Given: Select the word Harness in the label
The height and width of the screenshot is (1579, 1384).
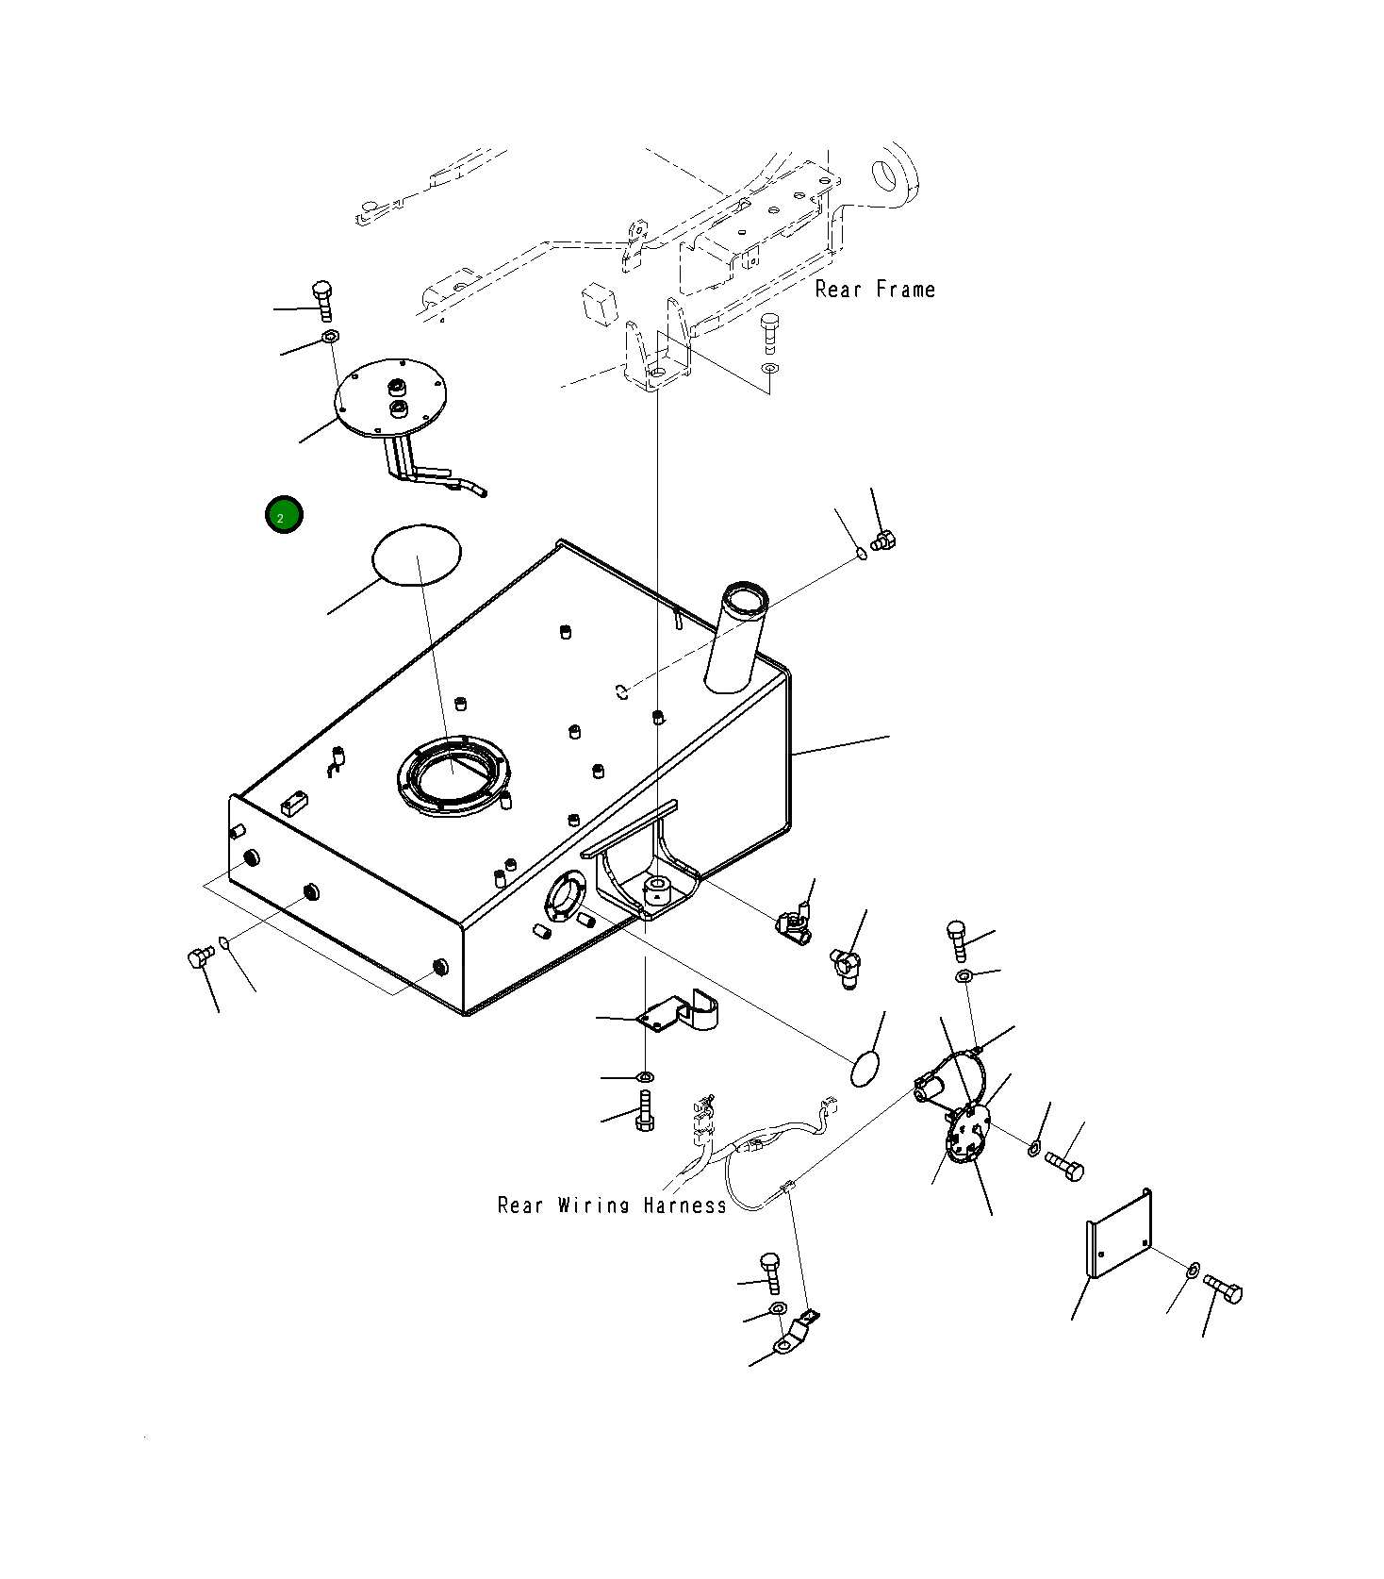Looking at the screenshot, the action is tap(685, 1205).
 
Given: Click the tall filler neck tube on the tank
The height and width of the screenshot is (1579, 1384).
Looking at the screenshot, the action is tap(737, 636).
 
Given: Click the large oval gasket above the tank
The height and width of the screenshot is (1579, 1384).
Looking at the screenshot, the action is tap(417, 555).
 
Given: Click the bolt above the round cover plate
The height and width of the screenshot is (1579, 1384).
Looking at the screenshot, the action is tap(322, 301).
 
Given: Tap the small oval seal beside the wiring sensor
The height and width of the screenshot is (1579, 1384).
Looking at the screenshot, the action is tap(865, 1070).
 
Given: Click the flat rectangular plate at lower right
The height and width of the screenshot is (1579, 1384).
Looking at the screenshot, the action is tap(1119, 1233).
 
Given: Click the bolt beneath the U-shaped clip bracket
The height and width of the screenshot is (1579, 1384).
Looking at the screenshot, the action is tap(645, 1108).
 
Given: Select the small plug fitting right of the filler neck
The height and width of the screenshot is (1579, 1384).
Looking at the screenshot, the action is tap(883, 541).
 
